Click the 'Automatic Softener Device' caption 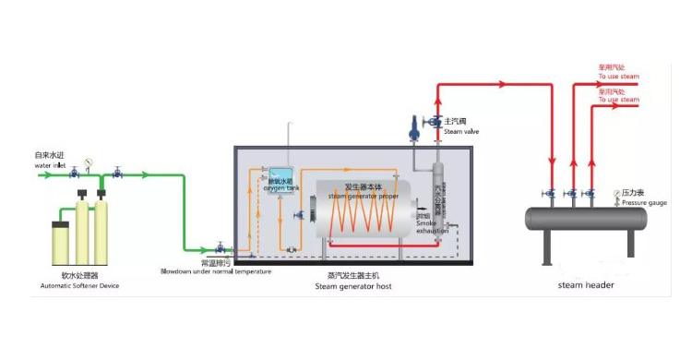coord(80,286)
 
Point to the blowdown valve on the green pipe coord(220,247)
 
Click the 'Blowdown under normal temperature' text coord(216,271)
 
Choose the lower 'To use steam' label coord(618,100)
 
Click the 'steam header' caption coord(586,285)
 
